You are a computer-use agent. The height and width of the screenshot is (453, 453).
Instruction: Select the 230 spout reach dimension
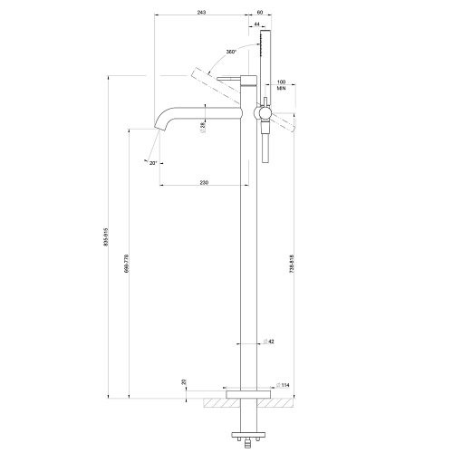(x=204, y=183)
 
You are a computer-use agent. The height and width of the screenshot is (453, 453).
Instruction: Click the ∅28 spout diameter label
(x=201, y=128)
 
